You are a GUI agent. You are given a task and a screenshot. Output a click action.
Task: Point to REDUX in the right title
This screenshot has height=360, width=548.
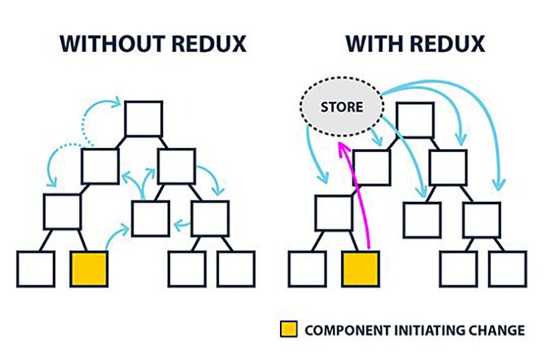click(448, 43)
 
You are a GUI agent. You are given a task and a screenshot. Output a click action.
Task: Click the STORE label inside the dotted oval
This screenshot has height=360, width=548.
click(341, 107)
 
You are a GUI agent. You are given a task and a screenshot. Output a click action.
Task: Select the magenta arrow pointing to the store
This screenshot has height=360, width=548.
click(354, 198)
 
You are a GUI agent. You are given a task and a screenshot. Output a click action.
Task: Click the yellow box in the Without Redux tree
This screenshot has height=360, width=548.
click(89, 268)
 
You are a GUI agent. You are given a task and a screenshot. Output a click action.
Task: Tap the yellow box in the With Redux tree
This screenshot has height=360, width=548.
click(360, 268)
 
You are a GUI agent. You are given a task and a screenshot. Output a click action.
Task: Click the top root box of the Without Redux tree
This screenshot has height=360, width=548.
click(144, 119)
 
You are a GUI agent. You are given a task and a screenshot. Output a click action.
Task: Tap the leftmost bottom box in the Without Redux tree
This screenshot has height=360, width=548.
click(36, 268)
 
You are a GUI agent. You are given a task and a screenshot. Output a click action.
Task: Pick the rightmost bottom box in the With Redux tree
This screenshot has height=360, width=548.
click(507, 268)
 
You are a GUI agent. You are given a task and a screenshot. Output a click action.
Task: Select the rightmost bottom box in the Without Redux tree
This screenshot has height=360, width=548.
click(236, 268)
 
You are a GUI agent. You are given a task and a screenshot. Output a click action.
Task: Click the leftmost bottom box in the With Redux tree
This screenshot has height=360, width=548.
click(307, 268)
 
